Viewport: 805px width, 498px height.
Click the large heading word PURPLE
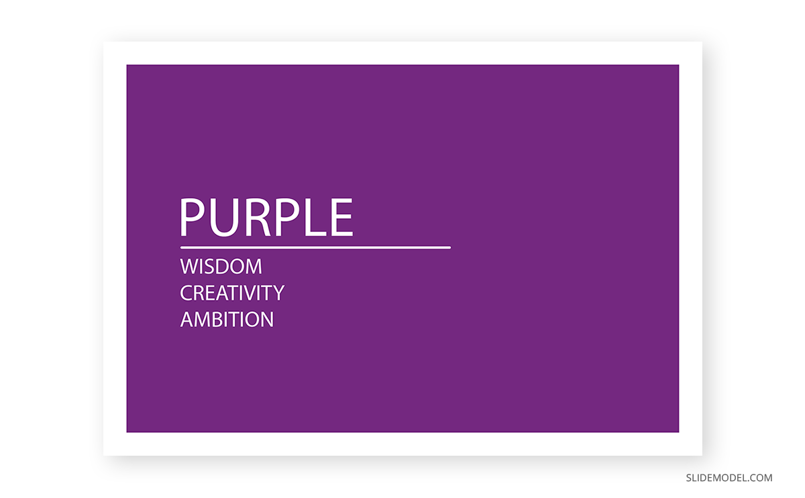point(266,218)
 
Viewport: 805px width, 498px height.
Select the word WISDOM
point(221,266)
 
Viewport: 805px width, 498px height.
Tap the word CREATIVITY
point(232,293)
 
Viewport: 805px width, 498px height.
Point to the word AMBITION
point(227,319)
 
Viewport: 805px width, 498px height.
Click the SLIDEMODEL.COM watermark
point(729,478)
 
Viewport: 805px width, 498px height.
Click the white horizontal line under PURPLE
point(315,248)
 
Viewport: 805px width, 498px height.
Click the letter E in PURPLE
point(341,218)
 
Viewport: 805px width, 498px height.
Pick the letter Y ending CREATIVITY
point(278,293)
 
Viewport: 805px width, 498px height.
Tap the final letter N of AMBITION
point(267,319)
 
